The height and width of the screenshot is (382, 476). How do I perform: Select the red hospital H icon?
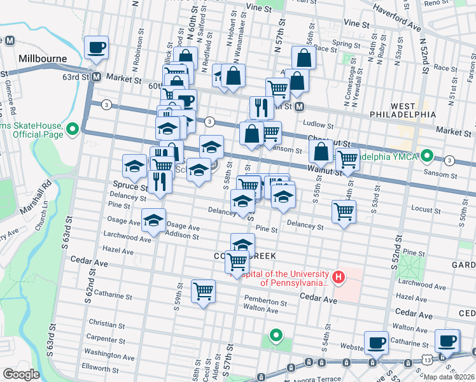339,277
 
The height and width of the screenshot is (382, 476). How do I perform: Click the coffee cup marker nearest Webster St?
377,343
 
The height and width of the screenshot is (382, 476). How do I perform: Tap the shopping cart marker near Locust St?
344,211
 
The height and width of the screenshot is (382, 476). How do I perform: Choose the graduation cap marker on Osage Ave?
153,220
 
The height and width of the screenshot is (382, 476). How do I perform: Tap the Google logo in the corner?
21,374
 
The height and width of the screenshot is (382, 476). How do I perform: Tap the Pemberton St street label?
266,302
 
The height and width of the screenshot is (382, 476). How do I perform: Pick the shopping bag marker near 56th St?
304,58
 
